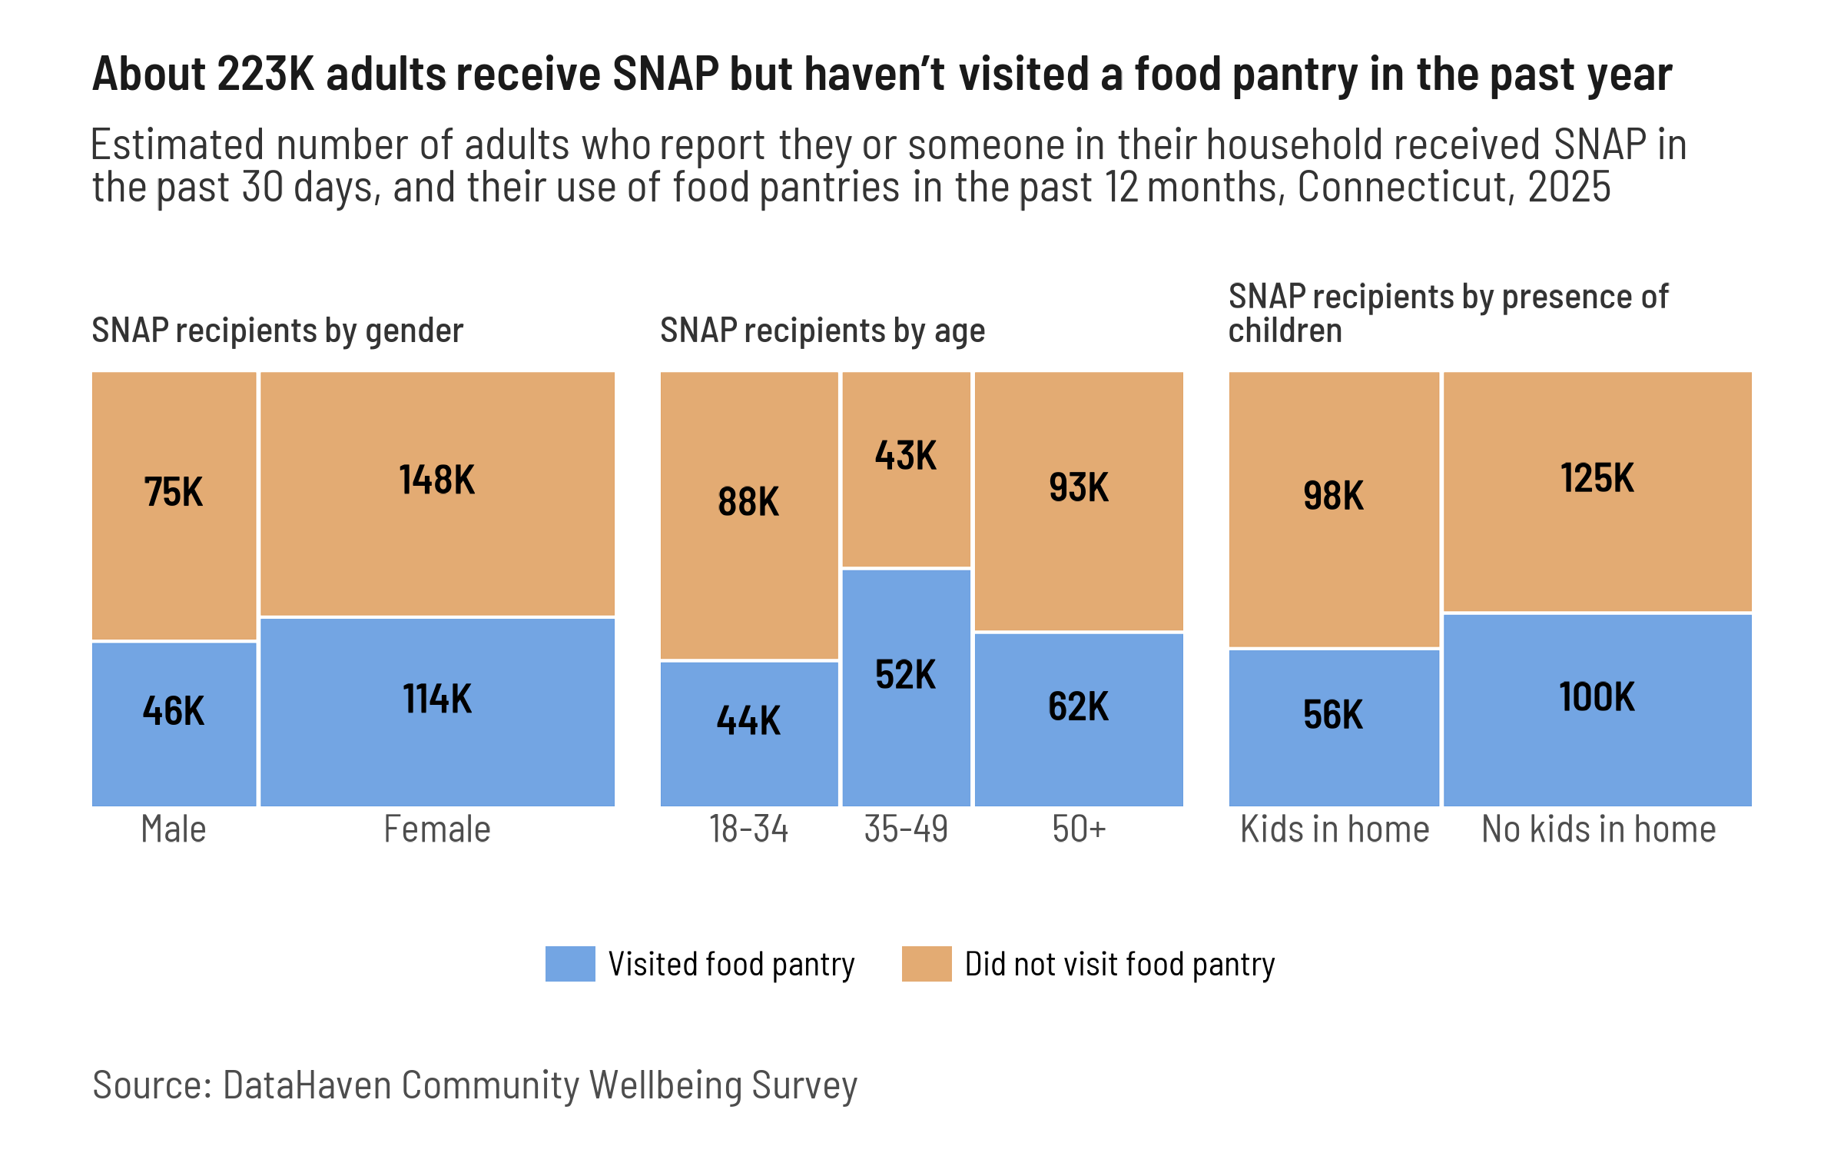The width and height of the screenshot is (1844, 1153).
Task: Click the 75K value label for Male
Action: pyautogui.click(x=174, y=493)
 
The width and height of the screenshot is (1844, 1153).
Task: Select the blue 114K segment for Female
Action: pyautogui.click(x=437, y=738)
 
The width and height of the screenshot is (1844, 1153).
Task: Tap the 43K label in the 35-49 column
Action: pyautogui.click(x=906, y=456)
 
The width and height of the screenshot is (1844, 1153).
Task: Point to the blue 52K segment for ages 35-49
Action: pyautogui.click(x=906, y=738)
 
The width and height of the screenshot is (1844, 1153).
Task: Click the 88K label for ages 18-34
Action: pyautogui.click(x=748, y=502)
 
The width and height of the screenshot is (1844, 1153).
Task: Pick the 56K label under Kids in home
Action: pyautogui.click(x=1333, y=715)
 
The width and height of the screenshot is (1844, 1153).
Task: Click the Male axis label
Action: pyautogui.click(x=174, y=830)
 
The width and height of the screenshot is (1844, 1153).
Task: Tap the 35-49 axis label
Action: pyautogui.click(x=906, y=830)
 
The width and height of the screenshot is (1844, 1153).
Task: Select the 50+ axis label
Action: pyautogui.click(x=1079, y=830)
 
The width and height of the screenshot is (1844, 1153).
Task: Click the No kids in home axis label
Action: pyautogui.click(x=1598, y=830)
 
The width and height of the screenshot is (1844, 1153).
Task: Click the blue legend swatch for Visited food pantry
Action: pyautogui.click(x=570, y=964)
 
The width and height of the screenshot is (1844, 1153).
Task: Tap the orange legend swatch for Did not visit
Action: pyautogui.click(x=927, y=964)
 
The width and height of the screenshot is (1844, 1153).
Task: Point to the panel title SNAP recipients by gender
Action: pyautogui.click(x=277, y=331)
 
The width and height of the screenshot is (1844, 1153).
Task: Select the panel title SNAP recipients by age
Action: pyautogui.click(x=822, y=331)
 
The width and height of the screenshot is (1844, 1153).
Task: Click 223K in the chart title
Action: pyautogui.click(x=266, y=75)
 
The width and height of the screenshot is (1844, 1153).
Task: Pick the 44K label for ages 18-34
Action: pyautogui.click(x=748, y=721)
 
